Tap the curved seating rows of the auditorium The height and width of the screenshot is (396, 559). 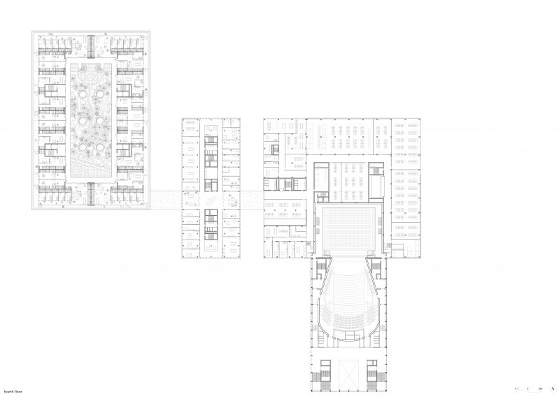coord(348,293)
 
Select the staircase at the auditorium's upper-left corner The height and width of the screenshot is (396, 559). coord(321,269)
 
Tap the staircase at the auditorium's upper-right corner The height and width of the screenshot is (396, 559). coord(376,269)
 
